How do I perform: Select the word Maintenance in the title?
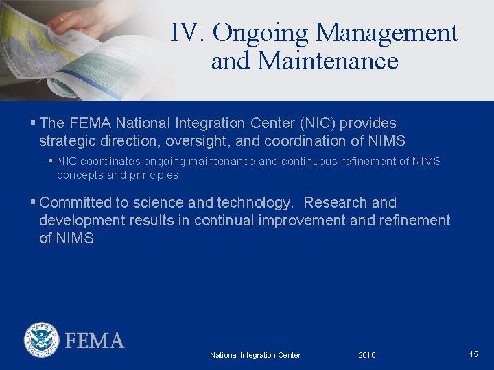(327, 61)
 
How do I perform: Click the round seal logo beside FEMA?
(41, 340)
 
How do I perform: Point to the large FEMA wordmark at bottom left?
(95, 341)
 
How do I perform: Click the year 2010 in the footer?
(367, 355)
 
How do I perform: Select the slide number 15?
(473, 354)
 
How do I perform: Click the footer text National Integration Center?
(255, 355)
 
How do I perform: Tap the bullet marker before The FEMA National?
(33, 123)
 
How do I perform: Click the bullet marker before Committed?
(33, 203)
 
